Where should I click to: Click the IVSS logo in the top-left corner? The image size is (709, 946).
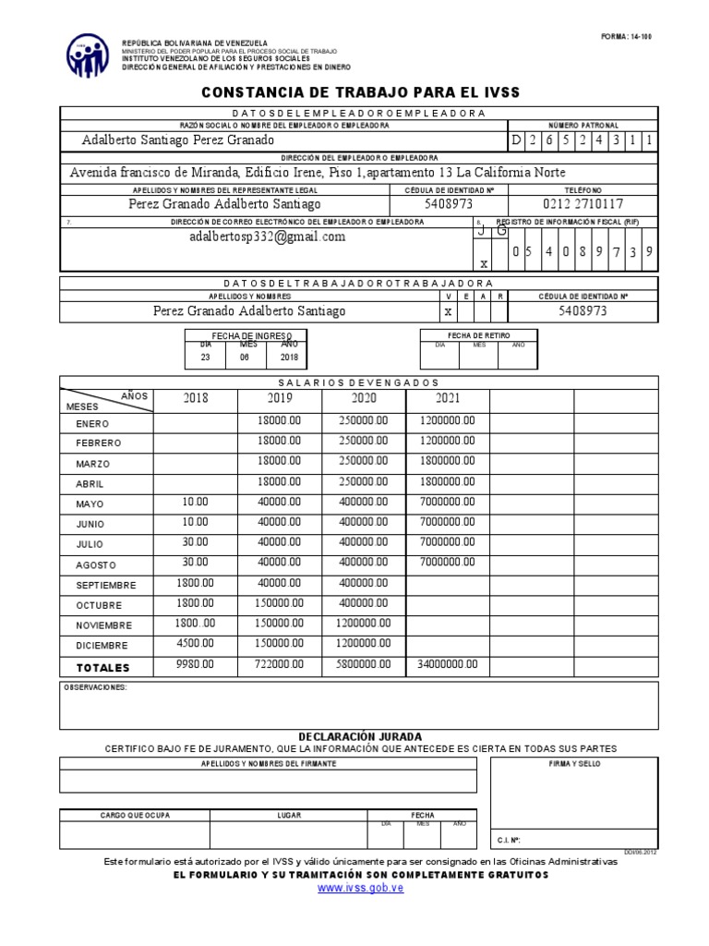pyautogui.click(x=89, y=55)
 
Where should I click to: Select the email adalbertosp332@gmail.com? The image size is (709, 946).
pyautogui.click(x=267, y=236)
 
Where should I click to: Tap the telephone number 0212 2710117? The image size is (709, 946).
pyautogui.click(x=583, y=203)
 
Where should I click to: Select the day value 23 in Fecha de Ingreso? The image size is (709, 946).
pyautogui.click(x=206, y=357)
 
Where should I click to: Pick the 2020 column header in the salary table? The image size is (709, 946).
pyautogui.click(x=364, y=398)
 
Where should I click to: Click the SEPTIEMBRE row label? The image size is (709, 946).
pyautogui.click(x=106, y=586)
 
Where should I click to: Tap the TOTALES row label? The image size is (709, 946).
pyautogui.click(x=104, y=667)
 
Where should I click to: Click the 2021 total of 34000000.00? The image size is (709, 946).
pyautogui.click(x=448, y=664)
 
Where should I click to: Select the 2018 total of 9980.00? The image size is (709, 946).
pyautogui.click(x=196, y=664)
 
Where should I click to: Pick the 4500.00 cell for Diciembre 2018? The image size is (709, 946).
pyautogui.click(x=196, y=644)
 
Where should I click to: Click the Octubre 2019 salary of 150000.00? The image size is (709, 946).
pyautogui.click(x=280, y=603)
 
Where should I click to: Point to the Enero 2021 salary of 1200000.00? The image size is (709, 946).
pyautogui.click(x=448, y=420)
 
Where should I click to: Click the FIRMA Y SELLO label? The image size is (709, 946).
pyautogui.click(x=573, y=764)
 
